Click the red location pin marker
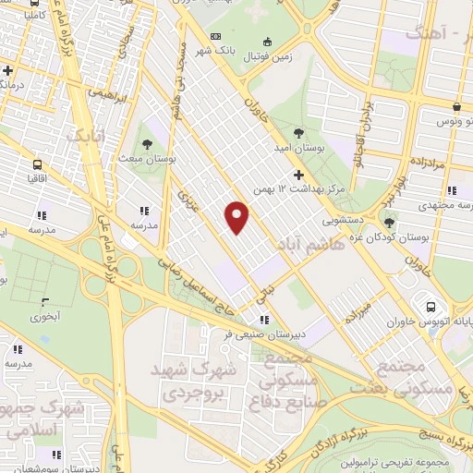(x=238, y=217)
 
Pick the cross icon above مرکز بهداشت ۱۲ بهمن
(x=297, y=174)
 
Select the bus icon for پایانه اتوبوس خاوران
(x=430, y=307)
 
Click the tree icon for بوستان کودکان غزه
(x=389, y=223)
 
